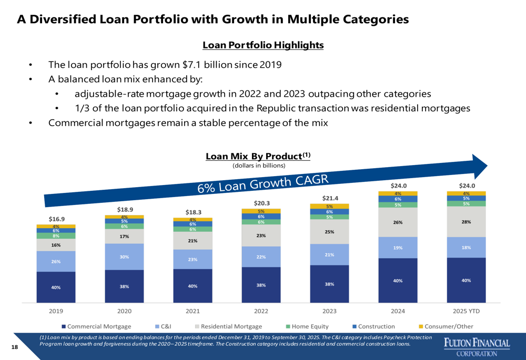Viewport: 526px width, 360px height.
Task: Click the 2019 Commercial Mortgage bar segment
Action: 56,287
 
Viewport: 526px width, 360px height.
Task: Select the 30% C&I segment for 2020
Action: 124,257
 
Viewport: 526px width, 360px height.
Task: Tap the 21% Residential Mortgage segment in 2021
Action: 193,241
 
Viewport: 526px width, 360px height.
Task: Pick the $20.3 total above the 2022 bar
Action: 261,203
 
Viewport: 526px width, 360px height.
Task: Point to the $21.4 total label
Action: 329,198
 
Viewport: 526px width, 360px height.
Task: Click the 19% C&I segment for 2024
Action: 398,248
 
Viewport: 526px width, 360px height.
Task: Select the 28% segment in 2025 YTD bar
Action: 466,222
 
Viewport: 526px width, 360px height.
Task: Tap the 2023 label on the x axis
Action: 329,311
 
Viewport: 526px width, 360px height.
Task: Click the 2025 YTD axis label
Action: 466,311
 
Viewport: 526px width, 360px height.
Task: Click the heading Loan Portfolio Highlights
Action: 262,45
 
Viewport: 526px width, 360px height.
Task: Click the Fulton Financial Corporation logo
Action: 477,347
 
